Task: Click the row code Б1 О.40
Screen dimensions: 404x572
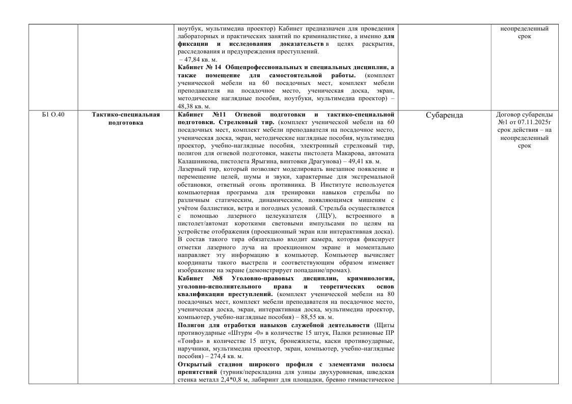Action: tap(52, 115)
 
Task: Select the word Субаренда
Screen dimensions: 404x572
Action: tap(444, 116)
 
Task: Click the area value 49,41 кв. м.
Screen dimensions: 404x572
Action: tap(361, 161)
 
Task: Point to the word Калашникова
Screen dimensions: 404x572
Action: tap(197, 161)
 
